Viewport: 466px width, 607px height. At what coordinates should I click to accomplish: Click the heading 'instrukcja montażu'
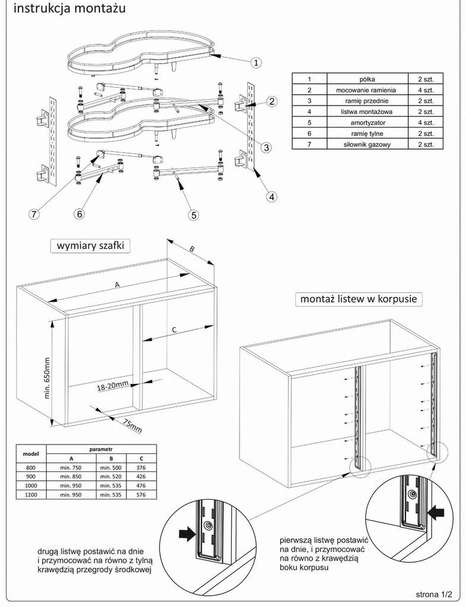tap(68, 10)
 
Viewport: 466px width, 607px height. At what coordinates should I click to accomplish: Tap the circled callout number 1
tap(256, 62)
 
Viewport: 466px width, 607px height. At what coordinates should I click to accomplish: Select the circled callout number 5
tap(193, 215)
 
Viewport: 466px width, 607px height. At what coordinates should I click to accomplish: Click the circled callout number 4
tap(270, 196)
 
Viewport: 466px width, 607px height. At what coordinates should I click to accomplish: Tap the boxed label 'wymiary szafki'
tap(90, 246)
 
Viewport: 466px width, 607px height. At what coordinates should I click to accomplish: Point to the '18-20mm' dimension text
tap(113, 386)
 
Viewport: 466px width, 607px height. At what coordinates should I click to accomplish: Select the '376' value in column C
tap(140, 467)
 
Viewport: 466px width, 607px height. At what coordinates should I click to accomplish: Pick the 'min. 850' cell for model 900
tap(71, 476)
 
